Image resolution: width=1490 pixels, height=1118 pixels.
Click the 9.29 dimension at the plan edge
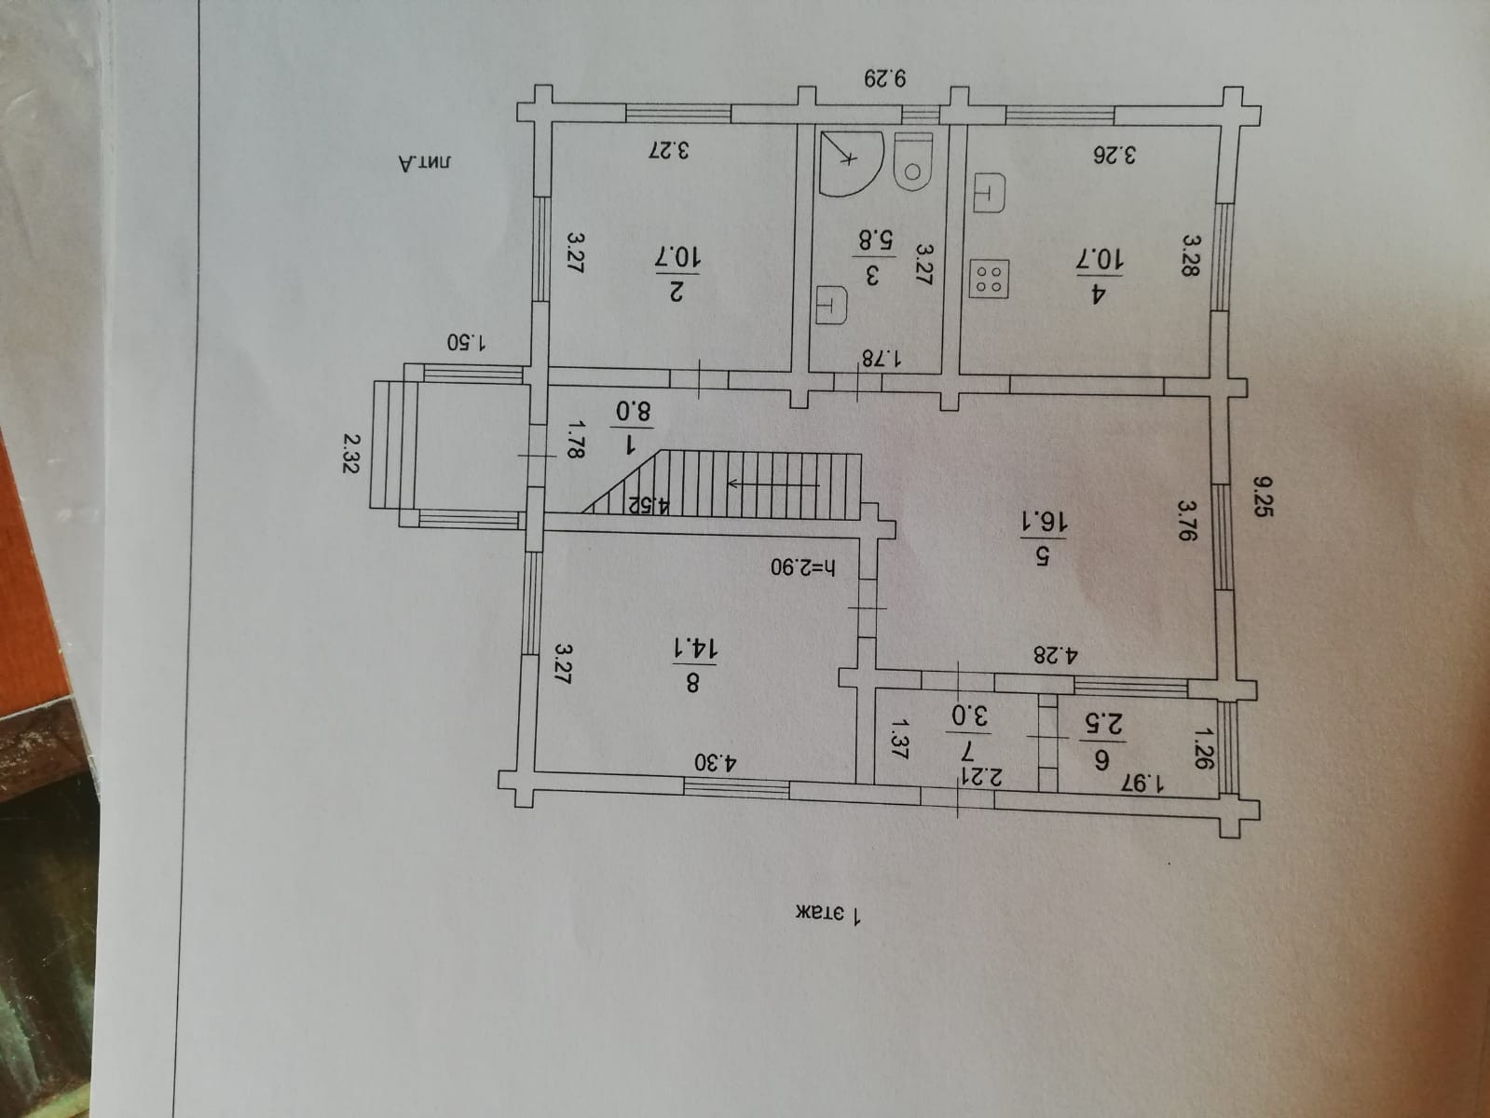tap(885, 77)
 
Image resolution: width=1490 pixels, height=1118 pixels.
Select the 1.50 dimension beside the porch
tap(465, 342)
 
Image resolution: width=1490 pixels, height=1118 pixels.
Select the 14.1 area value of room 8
tap(678, 648)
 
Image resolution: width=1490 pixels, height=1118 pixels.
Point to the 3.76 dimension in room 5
tap(1185, 523)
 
